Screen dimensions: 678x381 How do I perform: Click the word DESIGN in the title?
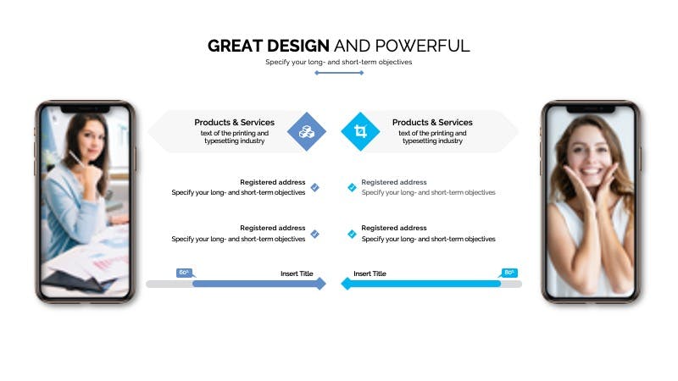point(298,46)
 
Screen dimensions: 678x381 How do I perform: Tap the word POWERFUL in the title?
point(422,46)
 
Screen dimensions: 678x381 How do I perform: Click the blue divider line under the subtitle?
point(339,73)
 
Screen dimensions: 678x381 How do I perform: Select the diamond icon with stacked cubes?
point(307,131)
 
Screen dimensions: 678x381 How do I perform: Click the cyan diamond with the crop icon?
point(360,131)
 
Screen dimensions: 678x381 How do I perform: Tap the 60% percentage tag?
point(184,273)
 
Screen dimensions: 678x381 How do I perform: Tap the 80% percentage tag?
point(509,273)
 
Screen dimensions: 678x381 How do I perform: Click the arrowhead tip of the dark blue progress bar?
point(325,284)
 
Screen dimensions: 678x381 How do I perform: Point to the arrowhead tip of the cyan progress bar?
point(342,284)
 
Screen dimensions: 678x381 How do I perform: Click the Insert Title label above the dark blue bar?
point(297,273)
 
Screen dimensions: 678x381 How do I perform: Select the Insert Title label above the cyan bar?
point(370,273)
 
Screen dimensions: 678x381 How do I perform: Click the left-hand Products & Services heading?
point(235,122)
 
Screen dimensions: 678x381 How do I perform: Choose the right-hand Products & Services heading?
point(432,122)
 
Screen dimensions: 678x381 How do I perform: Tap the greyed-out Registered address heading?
point(394,182)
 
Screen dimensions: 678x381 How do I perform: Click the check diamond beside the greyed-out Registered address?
point(352,187)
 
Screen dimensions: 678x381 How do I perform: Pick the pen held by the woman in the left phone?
point(76,158)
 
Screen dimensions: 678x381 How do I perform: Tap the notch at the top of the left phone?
point(86,109)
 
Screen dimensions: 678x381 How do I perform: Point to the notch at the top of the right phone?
point(591,109)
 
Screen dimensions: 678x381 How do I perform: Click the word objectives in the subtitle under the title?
point(395,62)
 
